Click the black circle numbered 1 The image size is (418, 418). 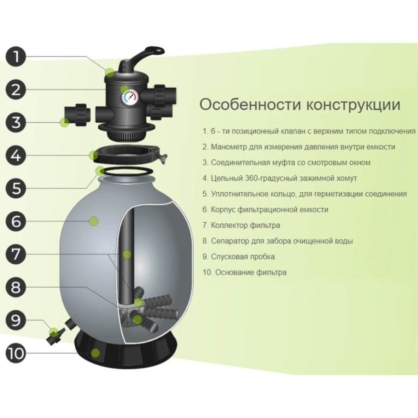pyautogui.click(x=16, y=57)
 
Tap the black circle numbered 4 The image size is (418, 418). pyautogui.click(x=16, y=155)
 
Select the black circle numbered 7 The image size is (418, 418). pyautogui.click(x=16, y=254)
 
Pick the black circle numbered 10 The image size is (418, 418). pyautogui.click(x=16, y=353)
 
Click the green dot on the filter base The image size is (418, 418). pyautogui.click(x=95, y=353)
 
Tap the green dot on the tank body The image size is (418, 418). pyautogui.click(x=93, y=221)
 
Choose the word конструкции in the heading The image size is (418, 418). pyautogui.click(x=353, y=105)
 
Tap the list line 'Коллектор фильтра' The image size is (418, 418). pyautogui.click(x=241, y=225)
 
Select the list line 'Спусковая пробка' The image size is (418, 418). pyautogui.click(x=238, y=257)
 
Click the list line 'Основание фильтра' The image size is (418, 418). pyautogui.click(x=245, y=272)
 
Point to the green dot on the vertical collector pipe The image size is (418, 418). pyautogui.click(x=127, y=254)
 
